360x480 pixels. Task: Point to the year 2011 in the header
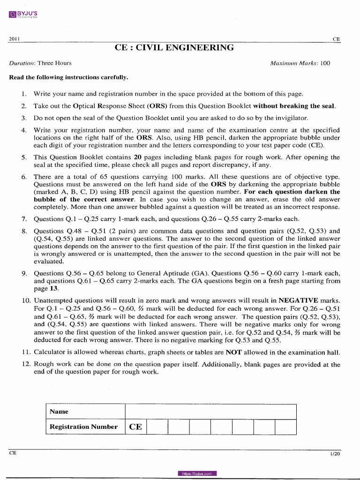tap(15, 39)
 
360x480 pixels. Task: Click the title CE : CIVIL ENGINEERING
tap(174, 48)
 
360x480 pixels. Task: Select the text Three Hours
tap(54, 63)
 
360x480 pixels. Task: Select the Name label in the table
tap(59, 412)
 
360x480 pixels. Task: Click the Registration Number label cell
tap(83, 427)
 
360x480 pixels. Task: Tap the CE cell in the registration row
tap(135, 427)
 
